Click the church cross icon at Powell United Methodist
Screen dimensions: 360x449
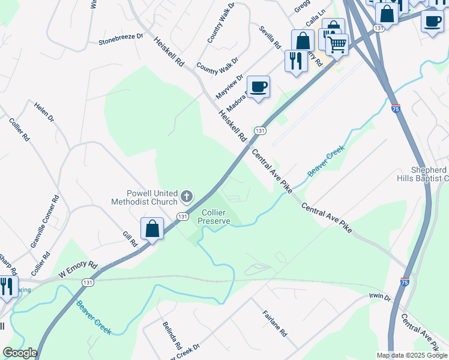point(187,196)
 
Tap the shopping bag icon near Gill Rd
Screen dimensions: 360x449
point(152,229)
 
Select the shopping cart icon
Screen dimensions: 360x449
point(337,44)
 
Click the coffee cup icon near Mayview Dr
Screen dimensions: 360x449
point(258,87)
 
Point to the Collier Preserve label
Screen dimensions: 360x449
point(215,217)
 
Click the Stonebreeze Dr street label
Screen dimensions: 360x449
point(121,39)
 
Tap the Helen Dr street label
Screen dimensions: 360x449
point(44,112)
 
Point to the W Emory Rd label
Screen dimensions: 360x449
point(77,269)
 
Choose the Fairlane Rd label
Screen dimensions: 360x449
point(274,323)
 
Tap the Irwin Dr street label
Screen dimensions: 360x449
point(379,298)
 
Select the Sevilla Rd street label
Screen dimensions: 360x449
point(270,37)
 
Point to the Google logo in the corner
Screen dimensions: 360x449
point(19,353)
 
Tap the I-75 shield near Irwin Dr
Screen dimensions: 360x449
point(405,281)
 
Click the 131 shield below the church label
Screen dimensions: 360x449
point(183,216)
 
